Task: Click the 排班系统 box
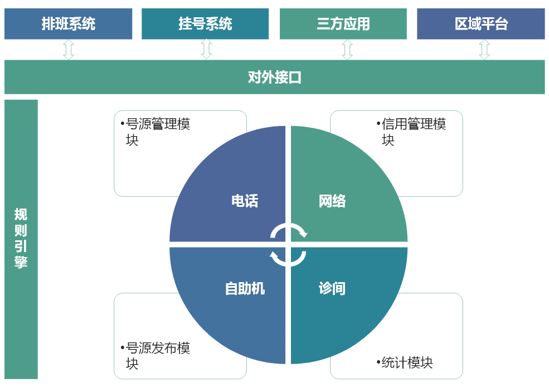(x=68, y=24)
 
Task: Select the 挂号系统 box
(x=205, y=24)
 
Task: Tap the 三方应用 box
(x=343, y=24)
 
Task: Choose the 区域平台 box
(x=481, y=24)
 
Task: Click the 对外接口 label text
(x=274, y=78)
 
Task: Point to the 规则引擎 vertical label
(x=21, y=238)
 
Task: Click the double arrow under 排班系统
(x=68, y=50)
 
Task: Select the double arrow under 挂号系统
(x=207, y=49)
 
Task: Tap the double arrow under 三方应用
(x=347, y=50)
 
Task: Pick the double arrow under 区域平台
(x=484, y=50)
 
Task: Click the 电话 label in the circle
(x=245, y=201)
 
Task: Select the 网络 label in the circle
(x=332, y=201)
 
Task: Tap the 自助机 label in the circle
(x=245, y=289)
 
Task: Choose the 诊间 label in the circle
(x=332, y=289)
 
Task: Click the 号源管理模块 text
(x=155, y=132)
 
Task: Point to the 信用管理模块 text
(x=411, y=132)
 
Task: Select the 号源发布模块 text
(x=155, y=356)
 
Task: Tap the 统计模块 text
(x=405, y=363)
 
